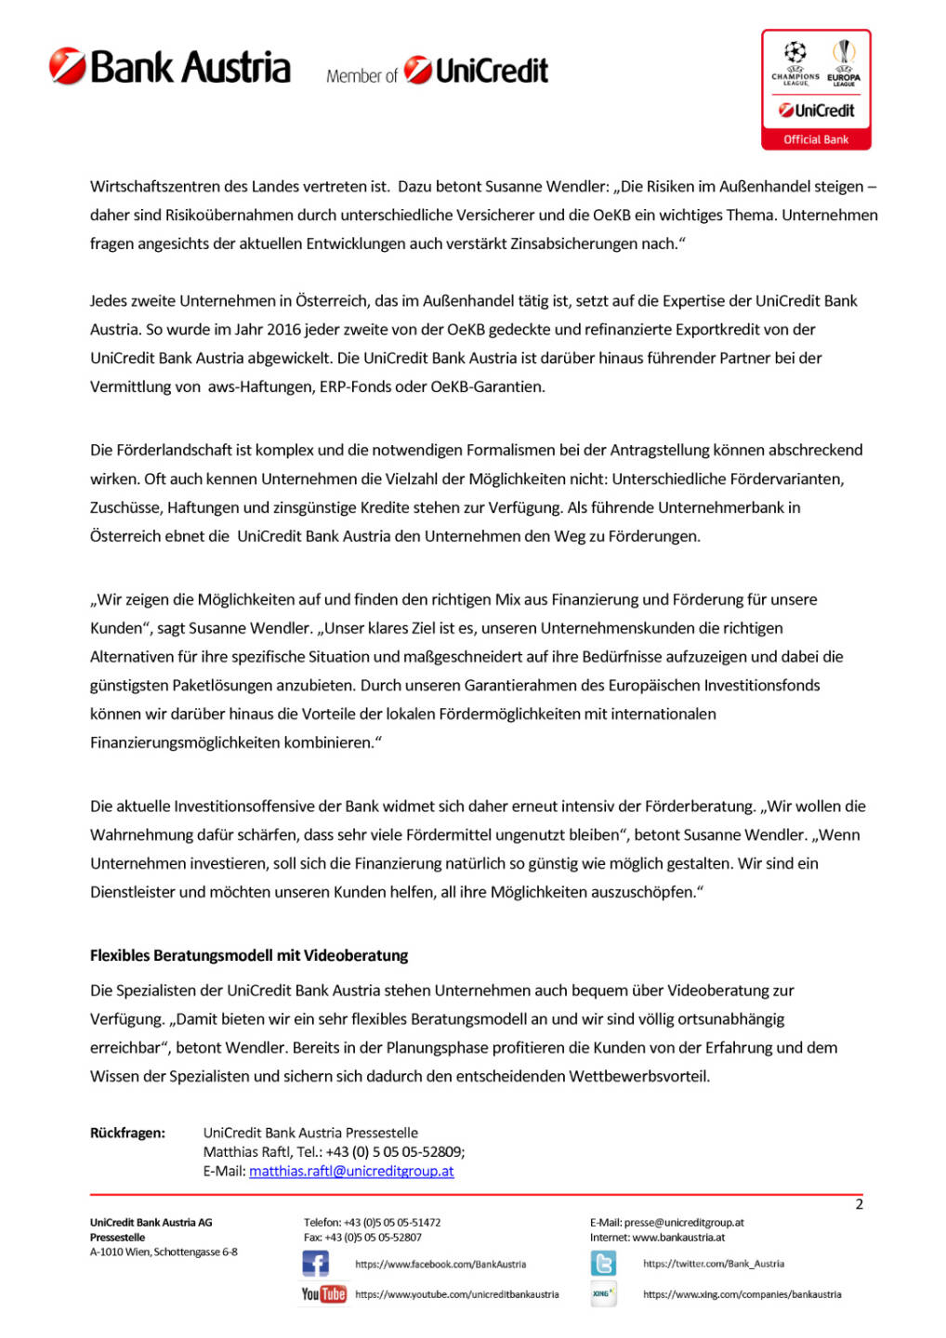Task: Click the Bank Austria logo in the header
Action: tap(170, 67)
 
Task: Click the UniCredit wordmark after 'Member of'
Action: tap(477, 71)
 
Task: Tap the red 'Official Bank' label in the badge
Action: tap(816, 139)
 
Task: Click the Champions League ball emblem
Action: tap(795, 52)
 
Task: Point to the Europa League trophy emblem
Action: tap(844, 51)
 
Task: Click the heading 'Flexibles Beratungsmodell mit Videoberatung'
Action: tap(249, 955)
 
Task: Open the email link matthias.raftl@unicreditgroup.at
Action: tap(351, 1171)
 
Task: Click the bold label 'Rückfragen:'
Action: tap(127, 1133)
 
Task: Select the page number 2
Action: tap(859, 1204)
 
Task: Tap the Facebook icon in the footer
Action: tap(316, 1264)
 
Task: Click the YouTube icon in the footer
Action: tap(323, 1293)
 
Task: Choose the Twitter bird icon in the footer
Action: tap(603, 1264)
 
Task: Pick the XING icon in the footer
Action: tap(603, 1293)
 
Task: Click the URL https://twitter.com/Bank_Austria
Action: tap(714, 1264)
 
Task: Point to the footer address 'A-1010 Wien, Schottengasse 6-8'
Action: tap(164, 1252)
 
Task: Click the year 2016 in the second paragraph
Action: tap(283, 329)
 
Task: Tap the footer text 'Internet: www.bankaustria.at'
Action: tap(657, 1237)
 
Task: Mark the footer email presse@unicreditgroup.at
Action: tap(684, 1222)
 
